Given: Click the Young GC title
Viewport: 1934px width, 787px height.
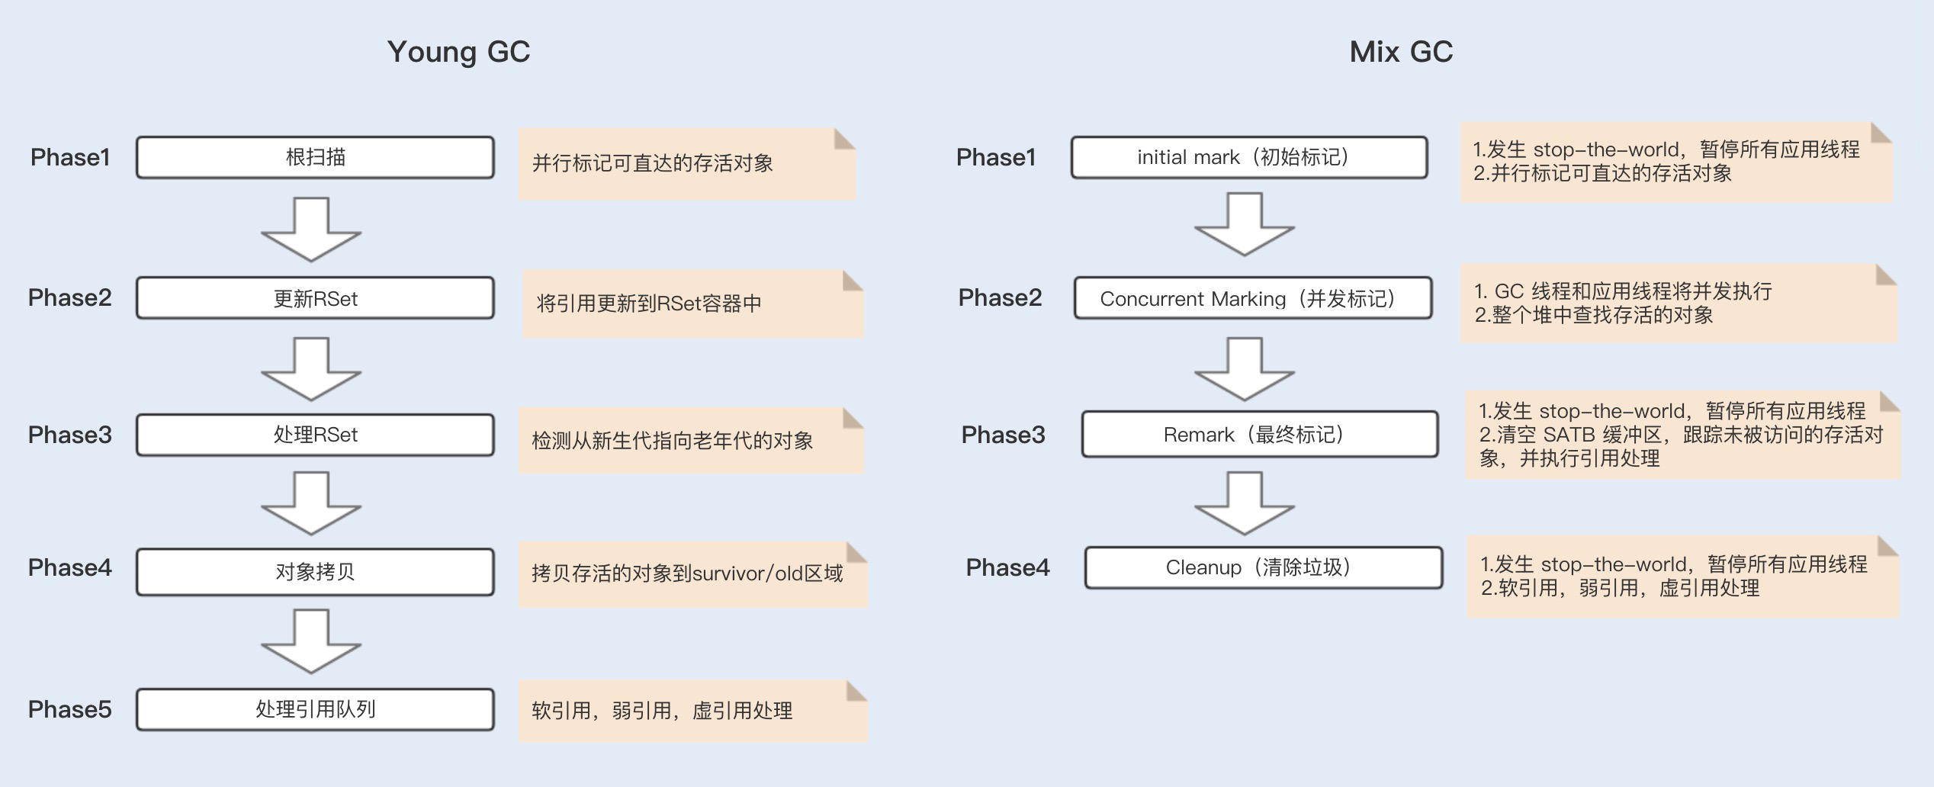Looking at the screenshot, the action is tap(458, 52).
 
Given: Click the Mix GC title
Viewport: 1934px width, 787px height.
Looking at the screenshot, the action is tap(1401, 52).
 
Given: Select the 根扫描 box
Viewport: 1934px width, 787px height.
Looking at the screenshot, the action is tap(315, 158).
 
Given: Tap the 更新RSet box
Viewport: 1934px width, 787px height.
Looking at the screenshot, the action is tap(315, 298).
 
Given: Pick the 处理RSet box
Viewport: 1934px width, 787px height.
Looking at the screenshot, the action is tap(315, 435).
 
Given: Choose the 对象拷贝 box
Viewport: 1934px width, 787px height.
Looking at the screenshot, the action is tap(315, 571).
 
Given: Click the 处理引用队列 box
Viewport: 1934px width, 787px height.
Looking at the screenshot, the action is tap(315, 709).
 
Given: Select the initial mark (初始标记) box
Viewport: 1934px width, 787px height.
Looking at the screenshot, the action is tap(1249, 158).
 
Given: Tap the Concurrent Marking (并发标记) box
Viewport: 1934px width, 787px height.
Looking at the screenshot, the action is tap(1253, 298).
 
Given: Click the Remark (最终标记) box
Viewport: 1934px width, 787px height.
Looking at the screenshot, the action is tap(1260, 435).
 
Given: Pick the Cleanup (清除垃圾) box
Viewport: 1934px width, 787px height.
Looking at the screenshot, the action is tap(1264, 568).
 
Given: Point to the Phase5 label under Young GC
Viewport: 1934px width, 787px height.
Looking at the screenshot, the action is tap(69, 709).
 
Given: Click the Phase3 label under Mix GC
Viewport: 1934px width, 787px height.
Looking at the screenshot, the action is tap(1003, 435).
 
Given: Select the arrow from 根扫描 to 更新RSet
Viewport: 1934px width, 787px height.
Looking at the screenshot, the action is tap(311, 230).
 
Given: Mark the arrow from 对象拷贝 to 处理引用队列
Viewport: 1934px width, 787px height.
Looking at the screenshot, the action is tap(311, 641).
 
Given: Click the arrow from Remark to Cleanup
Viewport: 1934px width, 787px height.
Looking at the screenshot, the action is tap(1245, 503).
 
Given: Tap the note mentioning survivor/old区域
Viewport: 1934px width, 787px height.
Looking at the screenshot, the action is tap(692, 574).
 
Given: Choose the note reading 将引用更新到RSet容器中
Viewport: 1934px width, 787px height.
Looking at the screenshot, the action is tap(692, 304).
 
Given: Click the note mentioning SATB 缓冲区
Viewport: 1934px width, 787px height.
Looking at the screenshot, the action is tap(1682, 435).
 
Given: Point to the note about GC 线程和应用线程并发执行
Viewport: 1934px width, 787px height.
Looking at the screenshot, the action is tap(1678, 303).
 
